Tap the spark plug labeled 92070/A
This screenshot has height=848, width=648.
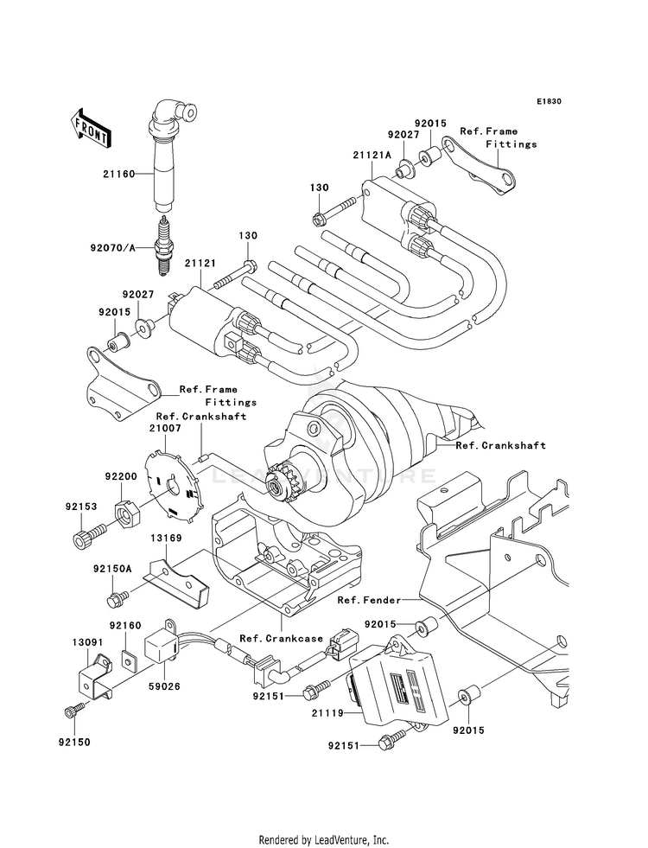(x=164, y=245)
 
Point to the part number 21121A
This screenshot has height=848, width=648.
(x=372, y=155)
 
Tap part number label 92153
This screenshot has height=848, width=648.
(x=81, y=507)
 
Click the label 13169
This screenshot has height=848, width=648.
(x=167, y=539)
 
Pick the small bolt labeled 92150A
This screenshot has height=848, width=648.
(x=117, y=597)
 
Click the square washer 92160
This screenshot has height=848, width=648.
(x=127, y=657)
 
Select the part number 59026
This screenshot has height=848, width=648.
(x=164, y=686)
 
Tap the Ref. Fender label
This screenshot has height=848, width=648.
(x=369, y=600)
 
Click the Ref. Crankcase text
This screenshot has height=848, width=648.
(x=281, y=638)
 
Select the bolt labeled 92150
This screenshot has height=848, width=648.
(x=74, y=710)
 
